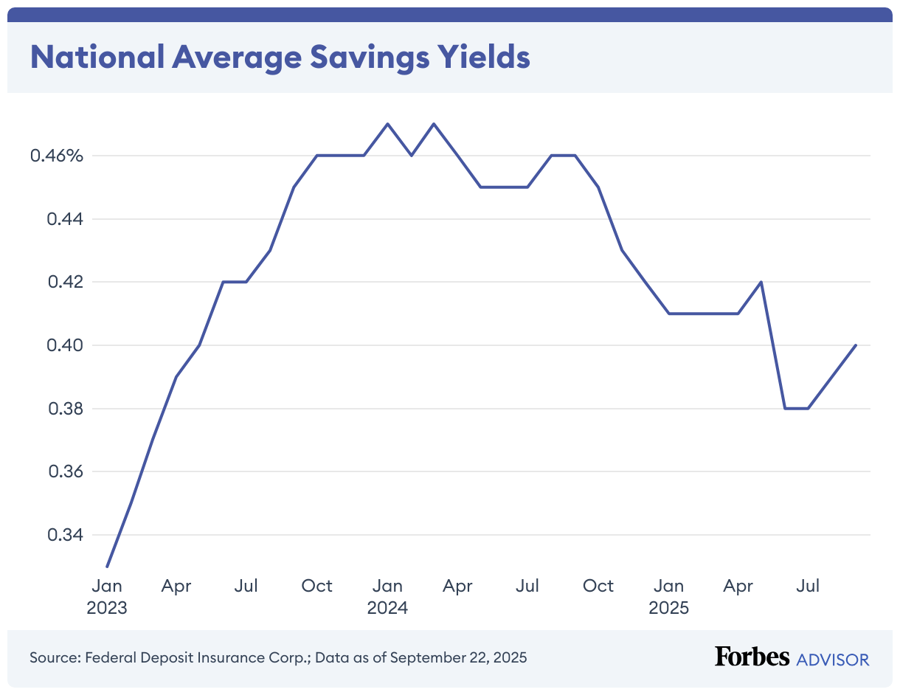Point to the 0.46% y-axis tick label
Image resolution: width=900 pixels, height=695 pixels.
(x=57, y=156)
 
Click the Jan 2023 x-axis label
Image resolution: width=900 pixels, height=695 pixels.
(x=107, y=597)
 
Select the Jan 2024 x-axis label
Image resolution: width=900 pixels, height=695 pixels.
(x=387, y=597)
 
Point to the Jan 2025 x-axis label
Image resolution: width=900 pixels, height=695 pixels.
(x=668, y=597)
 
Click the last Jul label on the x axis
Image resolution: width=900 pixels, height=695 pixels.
(x=809, y=586)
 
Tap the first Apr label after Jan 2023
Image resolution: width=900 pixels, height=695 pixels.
(x=176, y=586)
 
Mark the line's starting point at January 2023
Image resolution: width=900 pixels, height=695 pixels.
(x=107, y=567)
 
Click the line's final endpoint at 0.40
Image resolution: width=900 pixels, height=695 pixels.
(x=856, y=345)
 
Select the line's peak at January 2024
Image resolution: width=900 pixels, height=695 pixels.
(x=388, y=124)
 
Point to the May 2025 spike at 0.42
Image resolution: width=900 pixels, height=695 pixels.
(x=761, y=282)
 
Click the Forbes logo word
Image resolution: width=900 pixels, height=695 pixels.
(x=752, y=657)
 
